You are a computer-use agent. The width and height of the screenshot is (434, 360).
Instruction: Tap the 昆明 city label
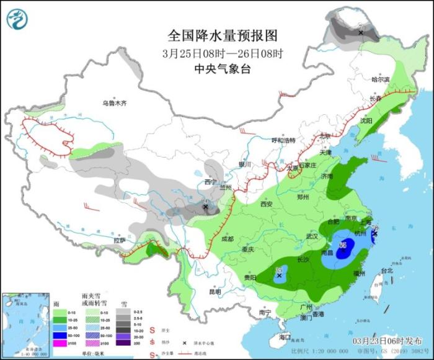pos(215,291)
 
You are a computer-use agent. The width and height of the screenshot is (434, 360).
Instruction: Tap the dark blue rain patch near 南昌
pos(342,248)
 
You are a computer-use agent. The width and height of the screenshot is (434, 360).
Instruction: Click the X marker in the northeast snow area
pos(361,32)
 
